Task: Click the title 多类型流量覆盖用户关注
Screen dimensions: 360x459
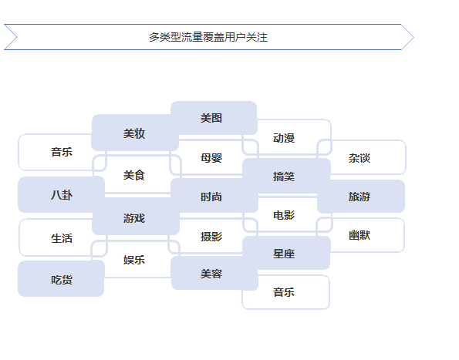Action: (x=208, y=37)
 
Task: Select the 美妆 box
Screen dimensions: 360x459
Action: (x=134, y=133)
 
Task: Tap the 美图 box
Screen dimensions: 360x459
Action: (x=212, y=118)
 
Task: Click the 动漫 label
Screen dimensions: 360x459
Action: (x=284, y=138)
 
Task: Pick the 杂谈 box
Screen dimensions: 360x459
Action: (x=359, y=158)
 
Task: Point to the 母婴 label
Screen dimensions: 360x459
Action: (x=211, y=158)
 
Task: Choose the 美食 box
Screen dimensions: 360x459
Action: (x=134, y=175)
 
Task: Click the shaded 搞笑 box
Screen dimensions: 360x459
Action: (x=284, y=177)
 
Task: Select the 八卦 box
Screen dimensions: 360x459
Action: (x=62, y=195)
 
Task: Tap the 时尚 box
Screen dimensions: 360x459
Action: (x=212, y=197)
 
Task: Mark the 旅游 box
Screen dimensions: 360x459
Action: (x=359, y=197)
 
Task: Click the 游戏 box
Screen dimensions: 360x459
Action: (x=134, y=218)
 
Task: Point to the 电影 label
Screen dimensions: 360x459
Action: (x=284, y=215)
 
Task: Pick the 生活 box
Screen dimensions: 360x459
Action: (x=62, y=238)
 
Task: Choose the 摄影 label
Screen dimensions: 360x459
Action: (x=211, y=237)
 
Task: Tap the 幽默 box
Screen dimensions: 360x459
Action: (x=359, y=235)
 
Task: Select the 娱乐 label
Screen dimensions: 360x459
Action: (x=134, y=260)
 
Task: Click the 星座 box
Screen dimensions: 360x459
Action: (x=284, y=254)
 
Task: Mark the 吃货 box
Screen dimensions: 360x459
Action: (x=62, y=279)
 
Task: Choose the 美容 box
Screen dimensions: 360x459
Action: (x=212, y=274)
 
